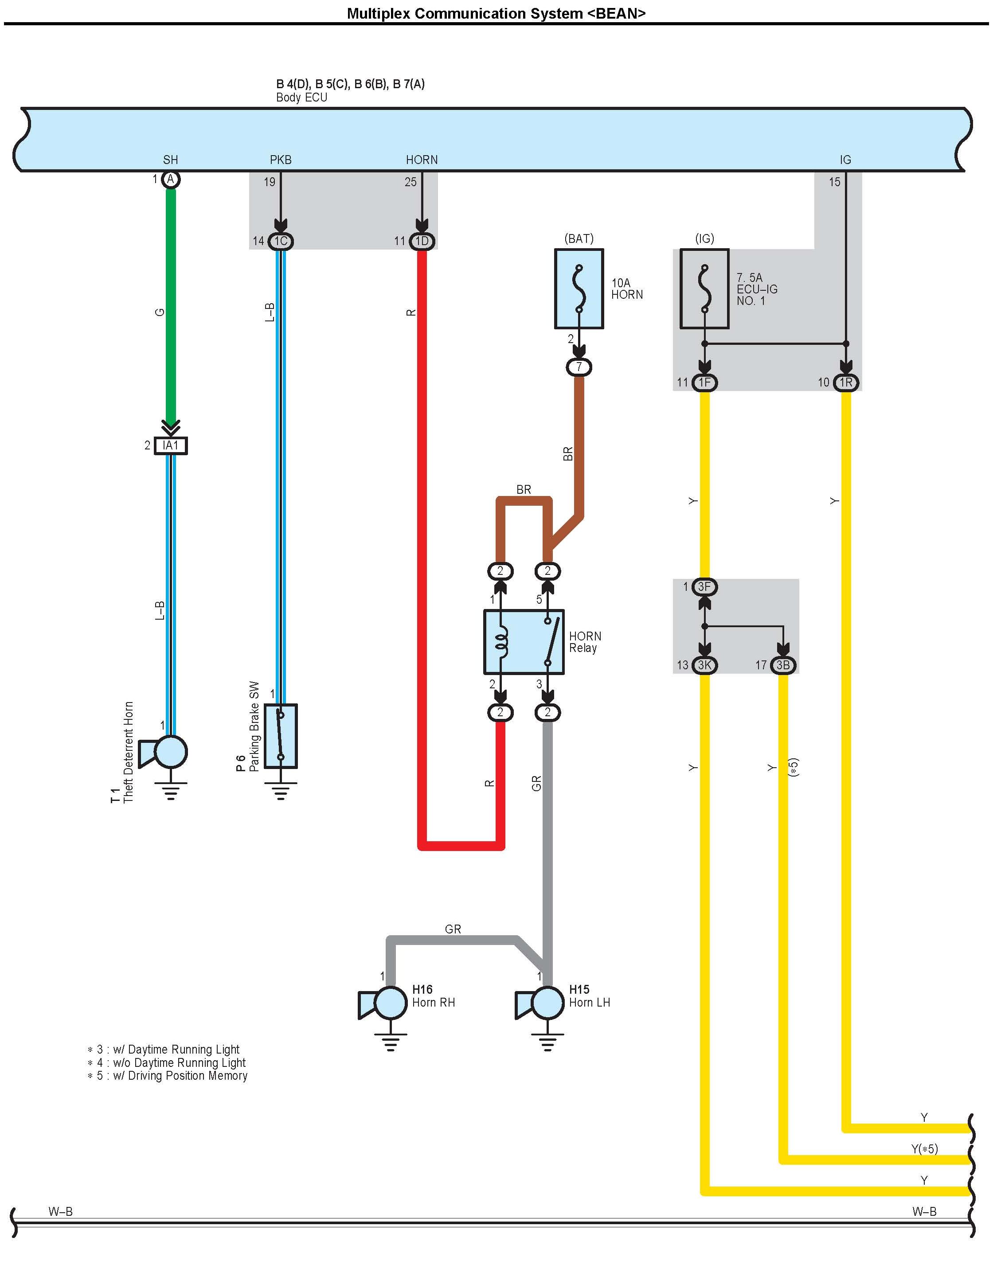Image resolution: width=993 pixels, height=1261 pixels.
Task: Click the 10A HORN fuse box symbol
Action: click(x=579, y=289)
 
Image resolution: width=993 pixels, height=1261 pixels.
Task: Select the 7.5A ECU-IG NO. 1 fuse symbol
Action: click(x=704, y=289)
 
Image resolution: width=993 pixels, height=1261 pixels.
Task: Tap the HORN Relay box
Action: click(x=524, y=642)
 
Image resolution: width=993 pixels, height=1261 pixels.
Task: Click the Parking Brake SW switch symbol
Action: click(x=281, y=736)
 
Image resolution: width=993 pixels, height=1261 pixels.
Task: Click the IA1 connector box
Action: click(x=170, y=445)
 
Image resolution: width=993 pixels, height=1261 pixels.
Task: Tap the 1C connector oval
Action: click(x=281, y=241)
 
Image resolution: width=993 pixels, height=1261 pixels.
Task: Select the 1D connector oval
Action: click(x=422, y=241)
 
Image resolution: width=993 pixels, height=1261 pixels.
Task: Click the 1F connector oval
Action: click(x=705, y=383)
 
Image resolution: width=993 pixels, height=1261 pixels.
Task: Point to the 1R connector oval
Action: click(x=846, y=383)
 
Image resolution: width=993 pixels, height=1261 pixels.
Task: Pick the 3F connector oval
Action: click(x=705, y=586)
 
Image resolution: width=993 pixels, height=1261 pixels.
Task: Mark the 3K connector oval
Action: click(x=705, y=665)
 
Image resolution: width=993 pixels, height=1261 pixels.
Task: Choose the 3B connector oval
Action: click(x=783, y=665)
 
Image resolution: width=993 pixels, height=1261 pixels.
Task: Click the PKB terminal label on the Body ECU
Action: click(x=281, y=160)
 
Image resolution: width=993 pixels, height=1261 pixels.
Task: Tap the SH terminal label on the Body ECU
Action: click(x=170, y=160)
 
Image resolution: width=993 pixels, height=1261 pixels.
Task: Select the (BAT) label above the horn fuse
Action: click(x=579, y=238)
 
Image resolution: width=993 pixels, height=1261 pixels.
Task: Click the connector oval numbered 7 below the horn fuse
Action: click(x=579, y=367)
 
